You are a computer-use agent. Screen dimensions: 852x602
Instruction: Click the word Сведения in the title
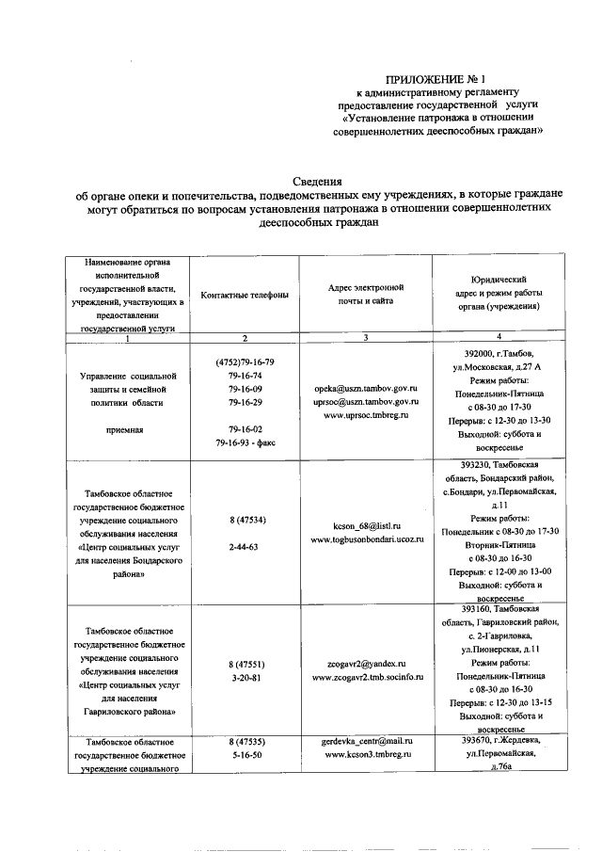[x=317, y=181]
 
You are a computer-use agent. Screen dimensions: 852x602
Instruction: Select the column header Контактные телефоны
[x=245, y=295]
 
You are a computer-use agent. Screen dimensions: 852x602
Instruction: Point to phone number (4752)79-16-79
[x=245, y=362]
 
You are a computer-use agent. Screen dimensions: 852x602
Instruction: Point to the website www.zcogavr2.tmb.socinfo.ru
[x=366, y=676]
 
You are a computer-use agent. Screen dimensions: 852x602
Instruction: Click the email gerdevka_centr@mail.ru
[x=366, y=741]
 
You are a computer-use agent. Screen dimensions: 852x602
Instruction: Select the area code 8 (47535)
[x=245, y=741]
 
